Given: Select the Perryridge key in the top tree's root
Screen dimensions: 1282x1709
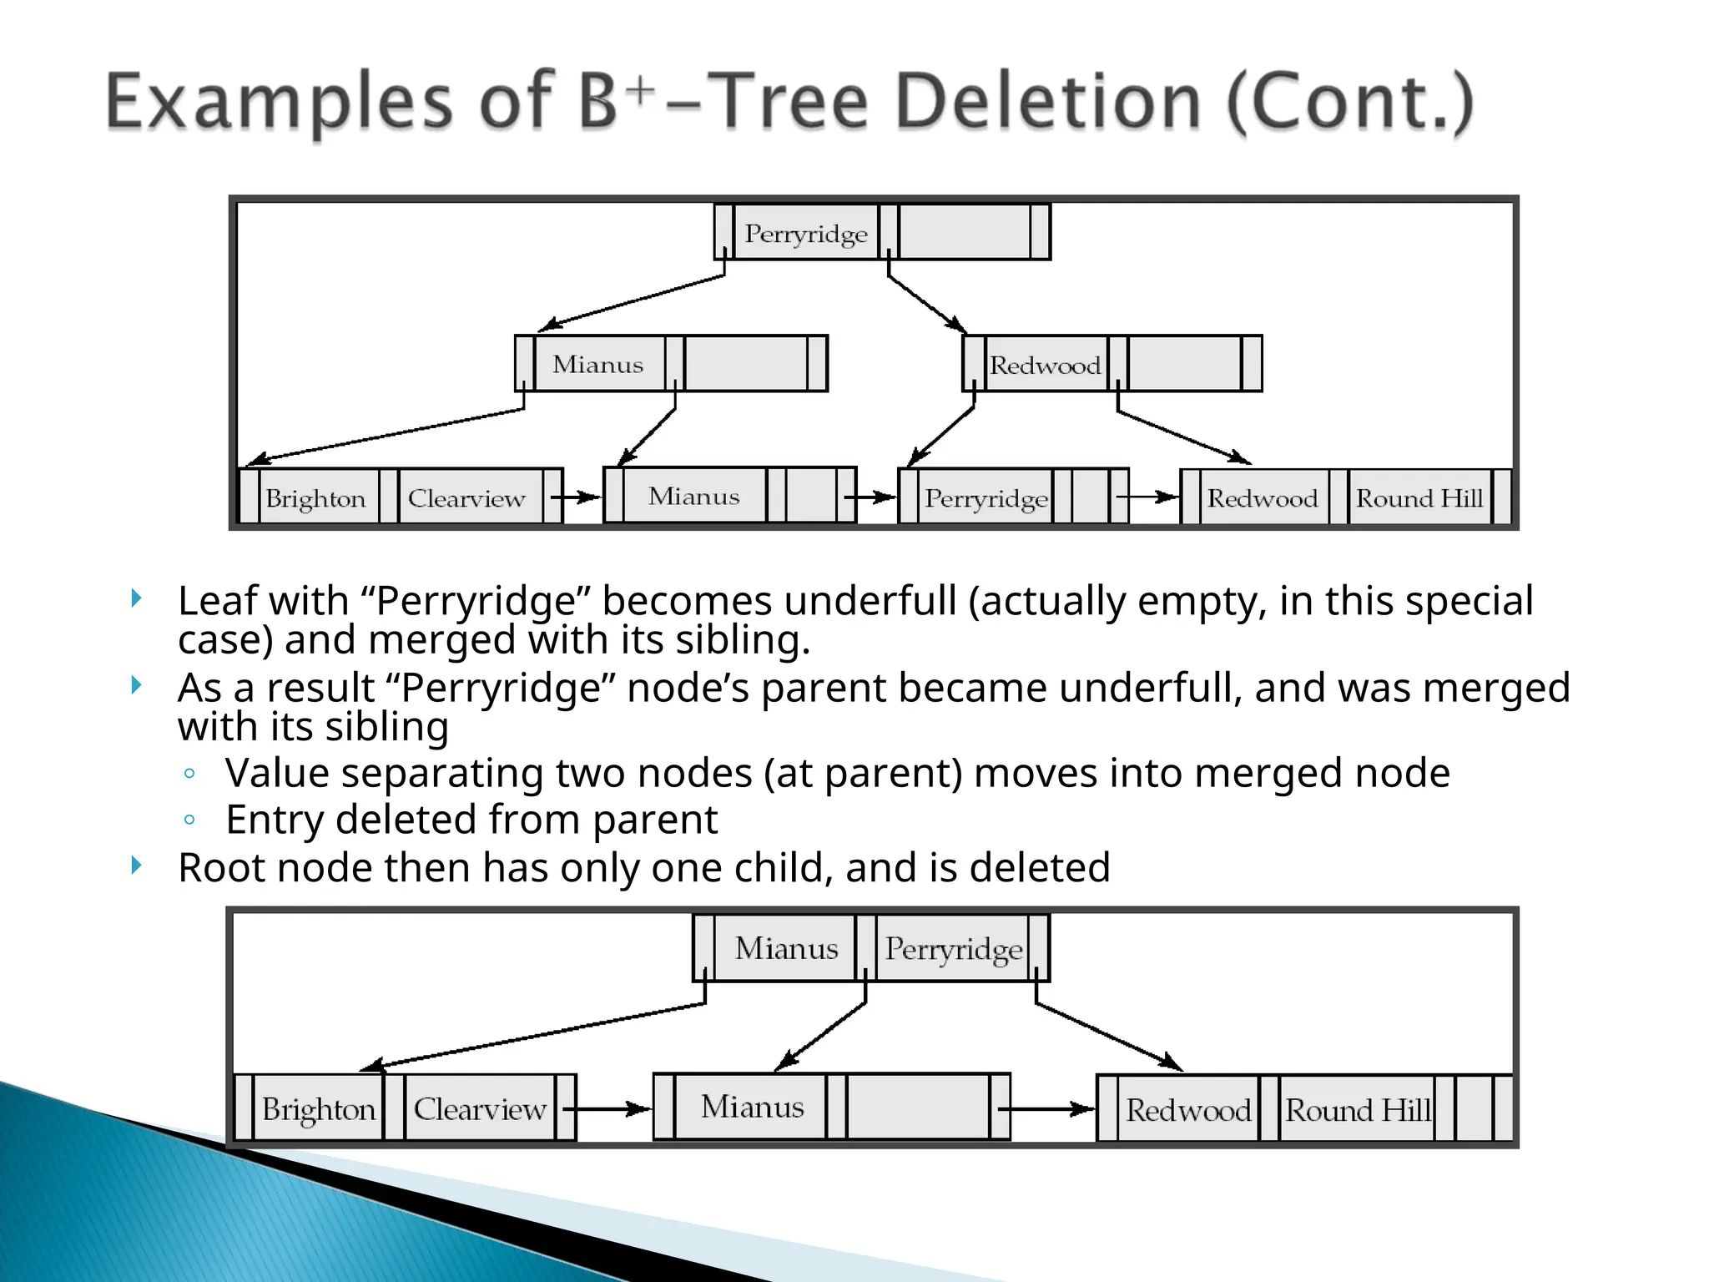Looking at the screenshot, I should [805, 234].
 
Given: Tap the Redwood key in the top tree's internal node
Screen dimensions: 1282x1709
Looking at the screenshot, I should [1045, 365].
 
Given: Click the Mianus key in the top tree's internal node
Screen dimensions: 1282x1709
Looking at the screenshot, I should [597, 364].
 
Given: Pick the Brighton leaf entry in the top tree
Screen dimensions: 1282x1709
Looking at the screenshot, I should [315, 498].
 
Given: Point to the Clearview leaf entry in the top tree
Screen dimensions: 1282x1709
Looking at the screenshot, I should [466, 498].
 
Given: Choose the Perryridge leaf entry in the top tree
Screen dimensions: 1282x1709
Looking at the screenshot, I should [986, 498].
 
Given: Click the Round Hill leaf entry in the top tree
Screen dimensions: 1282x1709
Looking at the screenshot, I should [1419, 498].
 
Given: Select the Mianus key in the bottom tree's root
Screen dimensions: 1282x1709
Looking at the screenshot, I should [786, 948].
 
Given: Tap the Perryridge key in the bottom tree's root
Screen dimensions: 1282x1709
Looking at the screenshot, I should [953, 949].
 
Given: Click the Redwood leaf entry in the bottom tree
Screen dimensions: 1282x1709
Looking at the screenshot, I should [1187, 1110].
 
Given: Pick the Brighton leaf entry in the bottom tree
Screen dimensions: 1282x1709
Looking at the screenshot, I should [318, 1109].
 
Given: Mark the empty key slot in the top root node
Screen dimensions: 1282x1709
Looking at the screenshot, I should [964, 233].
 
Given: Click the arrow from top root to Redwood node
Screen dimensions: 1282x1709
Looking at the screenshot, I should [926, 304].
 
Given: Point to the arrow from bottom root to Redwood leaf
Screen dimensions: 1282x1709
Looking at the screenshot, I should [1110, 1037].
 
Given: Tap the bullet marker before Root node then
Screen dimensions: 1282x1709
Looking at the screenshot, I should [137, 866].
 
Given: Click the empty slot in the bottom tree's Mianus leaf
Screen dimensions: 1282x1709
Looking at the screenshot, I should [917, 1107].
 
